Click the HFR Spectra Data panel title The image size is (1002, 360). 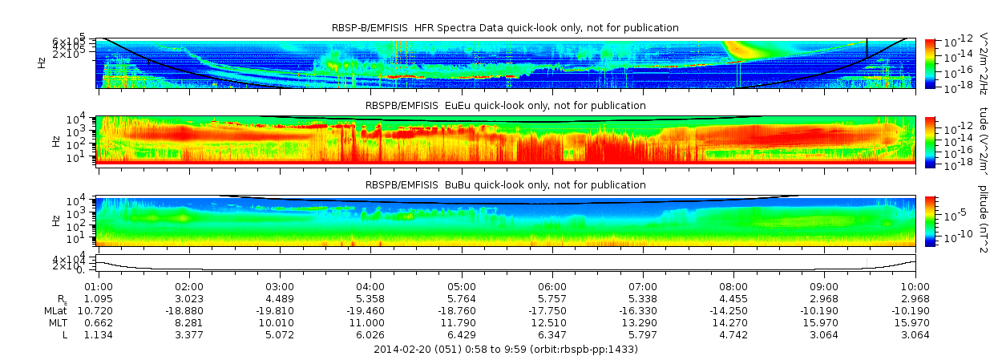[505, 28]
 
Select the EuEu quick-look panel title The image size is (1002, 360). [505, 105]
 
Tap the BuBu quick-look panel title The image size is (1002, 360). [505, 185]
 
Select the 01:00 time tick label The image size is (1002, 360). [98, 286]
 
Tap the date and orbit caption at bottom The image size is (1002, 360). [506, 350]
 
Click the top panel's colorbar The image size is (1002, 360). [930, 63]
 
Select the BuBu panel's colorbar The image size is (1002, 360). [930, 220]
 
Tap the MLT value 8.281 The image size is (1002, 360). [188, 322]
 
